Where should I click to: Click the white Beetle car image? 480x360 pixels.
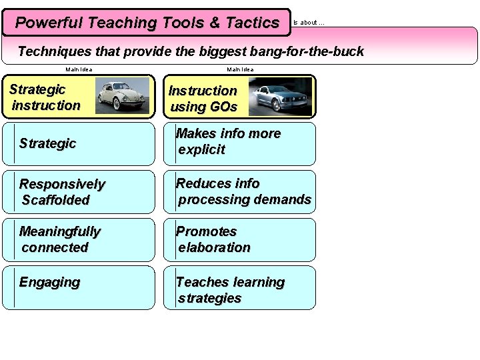click(122, 95)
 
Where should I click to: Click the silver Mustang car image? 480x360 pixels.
click(280, 97)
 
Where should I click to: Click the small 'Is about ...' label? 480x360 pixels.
click(309, 23)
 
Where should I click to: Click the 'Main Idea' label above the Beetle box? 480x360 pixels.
click(79, 69)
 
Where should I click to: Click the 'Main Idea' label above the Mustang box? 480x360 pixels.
click(240, 69)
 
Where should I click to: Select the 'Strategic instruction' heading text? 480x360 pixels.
click(45, 97)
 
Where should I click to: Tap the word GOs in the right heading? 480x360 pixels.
click(222, 107)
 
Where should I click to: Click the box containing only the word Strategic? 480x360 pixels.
click(78, 143)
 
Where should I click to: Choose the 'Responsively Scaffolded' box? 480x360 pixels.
click(78, 192)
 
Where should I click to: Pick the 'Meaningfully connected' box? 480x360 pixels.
click(78, 240)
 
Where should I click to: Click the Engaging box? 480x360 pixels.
click(78, 288)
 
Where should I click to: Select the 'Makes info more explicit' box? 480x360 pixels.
click(239, 143)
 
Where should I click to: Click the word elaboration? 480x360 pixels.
click(214, 247)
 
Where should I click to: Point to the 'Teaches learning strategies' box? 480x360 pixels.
click(239, 288)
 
